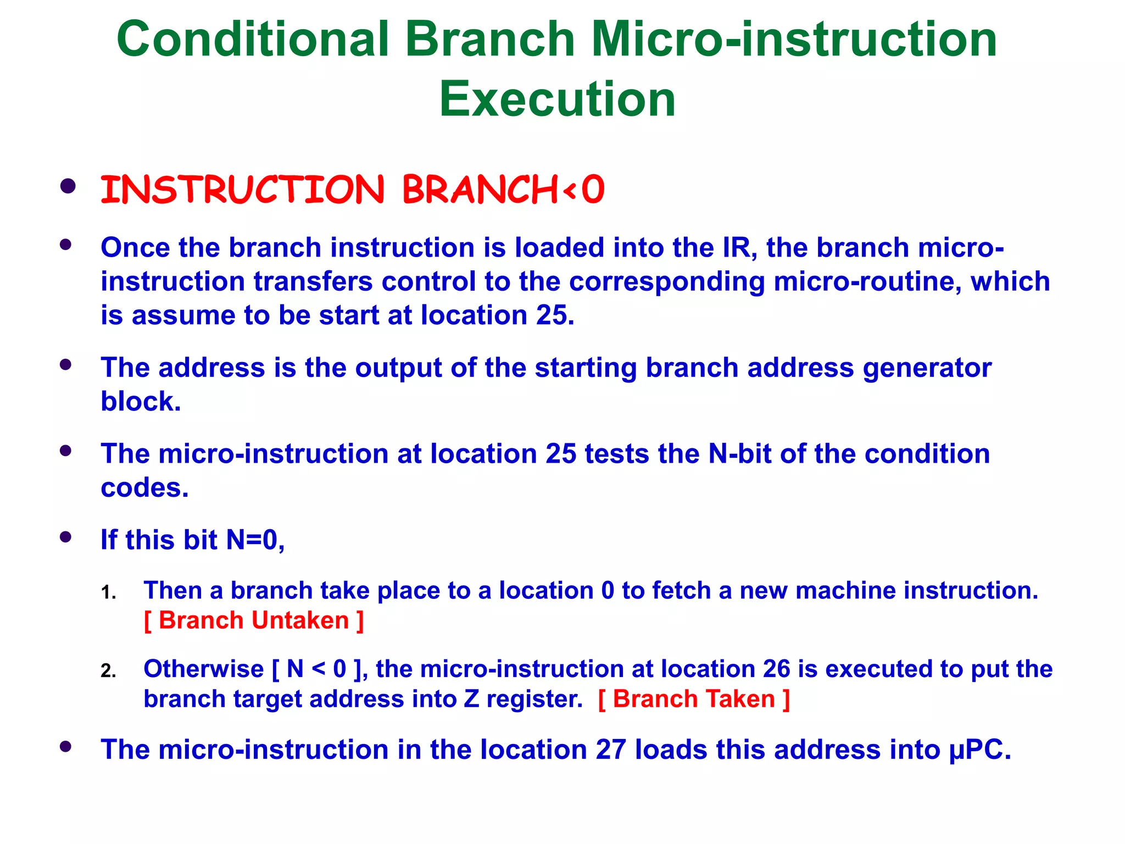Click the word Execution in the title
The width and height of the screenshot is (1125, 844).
[x=557, y=99]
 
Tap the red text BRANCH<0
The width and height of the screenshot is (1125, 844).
[x=503, y=190]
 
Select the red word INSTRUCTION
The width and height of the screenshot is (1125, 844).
[x=242, y=190]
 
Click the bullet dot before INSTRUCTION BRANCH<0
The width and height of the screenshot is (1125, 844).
[x=68, y=187]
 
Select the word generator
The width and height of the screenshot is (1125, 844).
[x=927, y=368]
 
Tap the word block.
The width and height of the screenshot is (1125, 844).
[x=141, y=401]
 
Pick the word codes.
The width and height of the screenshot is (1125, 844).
[x=144, y=488]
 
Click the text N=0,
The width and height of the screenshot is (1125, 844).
[x=255, y=540]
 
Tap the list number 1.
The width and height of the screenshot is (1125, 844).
[x=108, y=593]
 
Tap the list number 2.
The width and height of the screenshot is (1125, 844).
[x=108, y=671]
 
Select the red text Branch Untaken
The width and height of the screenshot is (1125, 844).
[x=254, y=620]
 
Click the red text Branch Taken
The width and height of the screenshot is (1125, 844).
[x=694, y=699]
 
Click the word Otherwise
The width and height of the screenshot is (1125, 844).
[x=203, y=669]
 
